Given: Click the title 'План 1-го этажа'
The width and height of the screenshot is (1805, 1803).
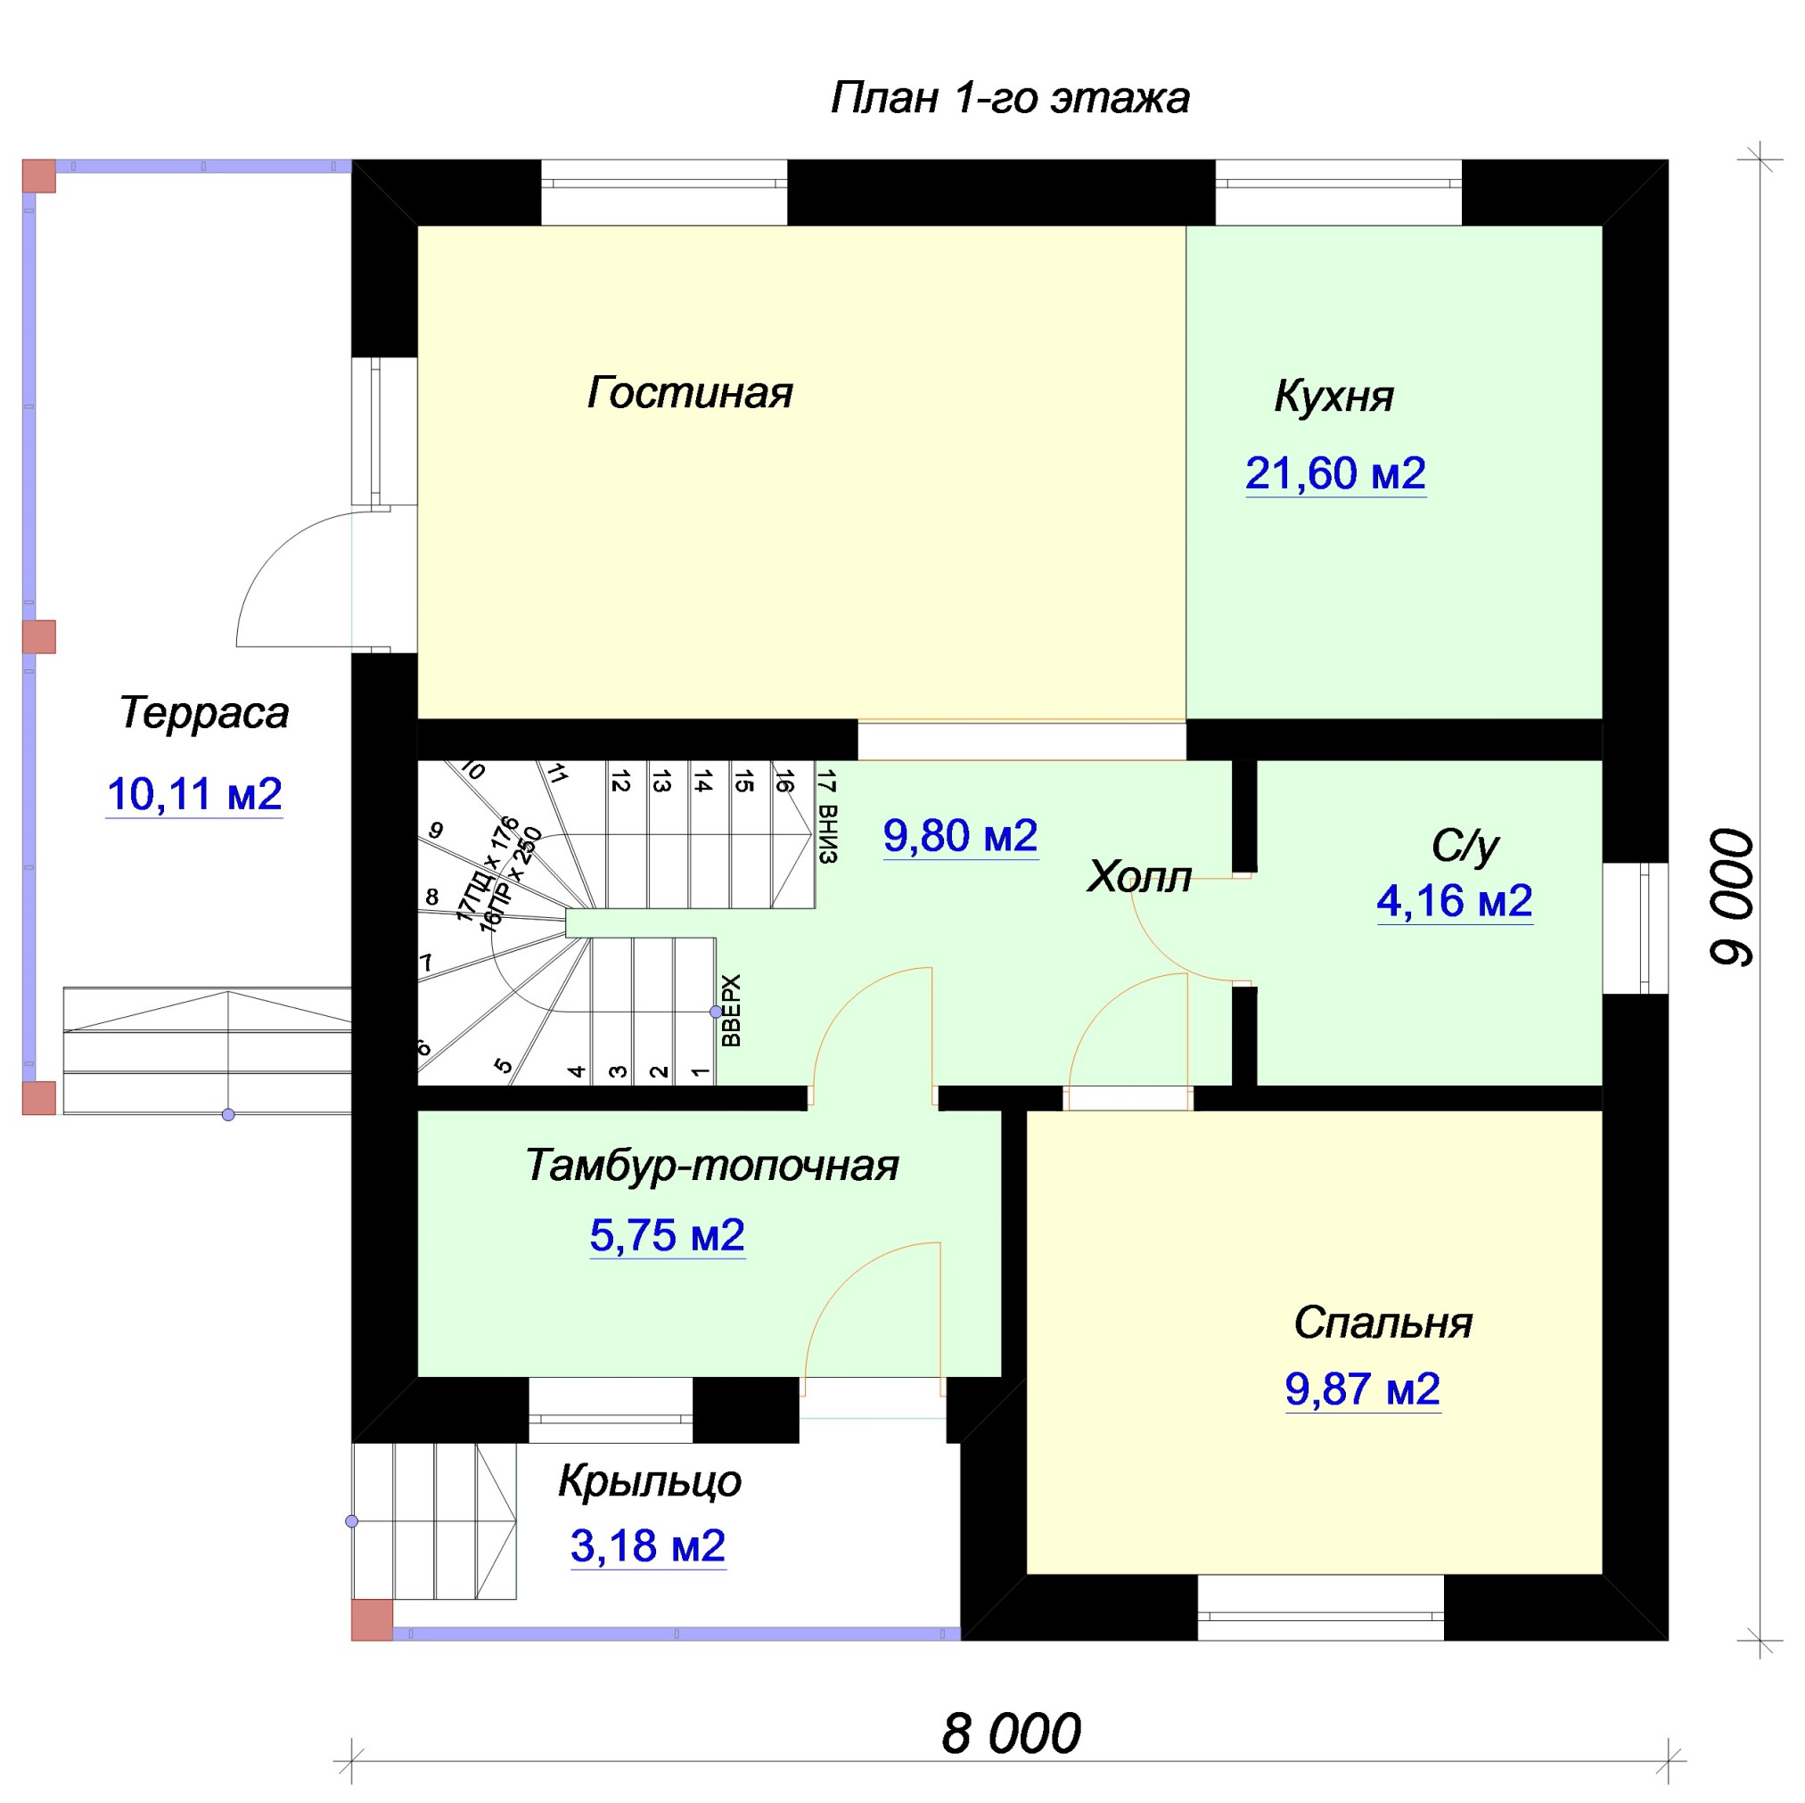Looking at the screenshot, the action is [x=1010, y=98].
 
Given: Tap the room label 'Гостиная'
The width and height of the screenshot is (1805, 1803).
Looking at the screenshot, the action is [x=690, y=393].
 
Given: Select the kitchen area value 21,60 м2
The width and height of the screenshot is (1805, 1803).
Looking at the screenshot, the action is [x=1335, y=473].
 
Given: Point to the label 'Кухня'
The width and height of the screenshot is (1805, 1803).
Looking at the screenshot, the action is [x=1333, y=397].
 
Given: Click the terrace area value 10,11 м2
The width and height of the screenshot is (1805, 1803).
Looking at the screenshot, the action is [x=194, y=794].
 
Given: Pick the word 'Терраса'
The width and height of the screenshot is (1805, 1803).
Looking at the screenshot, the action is [x=203, y=714].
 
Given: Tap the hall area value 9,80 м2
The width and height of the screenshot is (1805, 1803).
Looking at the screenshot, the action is [x=960, y=835].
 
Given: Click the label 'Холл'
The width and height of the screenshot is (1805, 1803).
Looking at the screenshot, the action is [x=1139, y=877].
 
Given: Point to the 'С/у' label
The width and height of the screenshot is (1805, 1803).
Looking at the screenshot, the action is [x=1465, y=847].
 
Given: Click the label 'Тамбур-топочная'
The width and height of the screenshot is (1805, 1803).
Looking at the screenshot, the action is [x=711, y=1166].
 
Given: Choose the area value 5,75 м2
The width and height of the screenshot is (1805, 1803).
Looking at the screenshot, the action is [x=667, y=1236].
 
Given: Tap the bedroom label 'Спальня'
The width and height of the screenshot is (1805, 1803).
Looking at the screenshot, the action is [x=1382, y=1323].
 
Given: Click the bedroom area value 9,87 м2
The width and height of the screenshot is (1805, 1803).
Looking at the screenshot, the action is [x=1363, y=1389].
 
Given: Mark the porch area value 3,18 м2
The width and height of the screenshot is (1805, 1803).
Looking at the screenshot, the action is [x=648, y=1546].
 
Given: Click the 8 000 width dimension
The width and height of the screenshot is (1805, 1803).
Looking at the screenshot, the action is [x=1011, y=1733].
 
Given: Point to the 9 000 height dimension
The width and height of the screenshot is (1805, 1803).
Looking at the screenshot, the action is [x=1732, y=897].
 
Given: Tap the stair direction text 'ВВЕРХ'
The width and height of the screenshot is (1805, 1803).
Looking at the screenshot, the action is [x=733, y=1010].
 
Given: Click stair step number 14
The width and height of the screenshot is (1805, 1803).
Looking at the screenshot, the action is [x=703, y=780].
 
